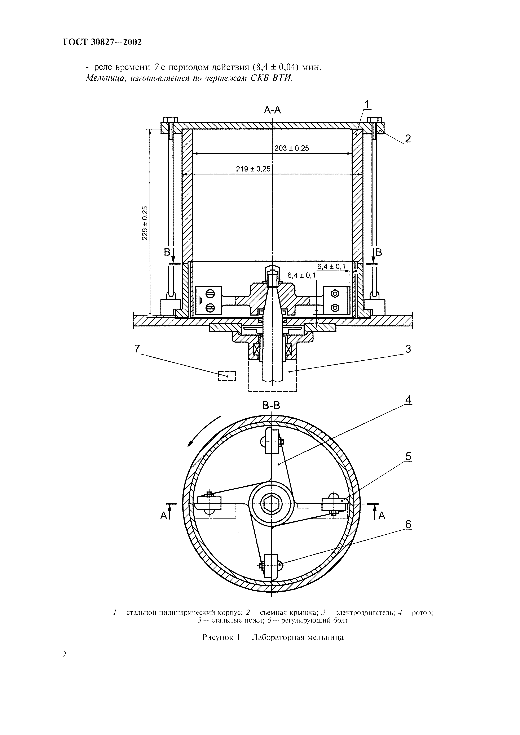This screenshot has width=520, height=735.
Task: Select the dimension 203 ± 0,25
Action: [x=292, y=148]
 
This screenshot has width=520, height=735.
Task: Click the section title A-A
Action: [x=272, y=110]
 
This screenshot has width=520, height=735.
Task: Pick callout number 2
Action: [x=408, y=139]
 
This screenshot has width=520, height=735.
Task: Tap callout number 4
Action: [x=408, y=400]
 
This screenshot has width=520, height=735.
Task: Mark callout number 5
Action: [x=408, y=456]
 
